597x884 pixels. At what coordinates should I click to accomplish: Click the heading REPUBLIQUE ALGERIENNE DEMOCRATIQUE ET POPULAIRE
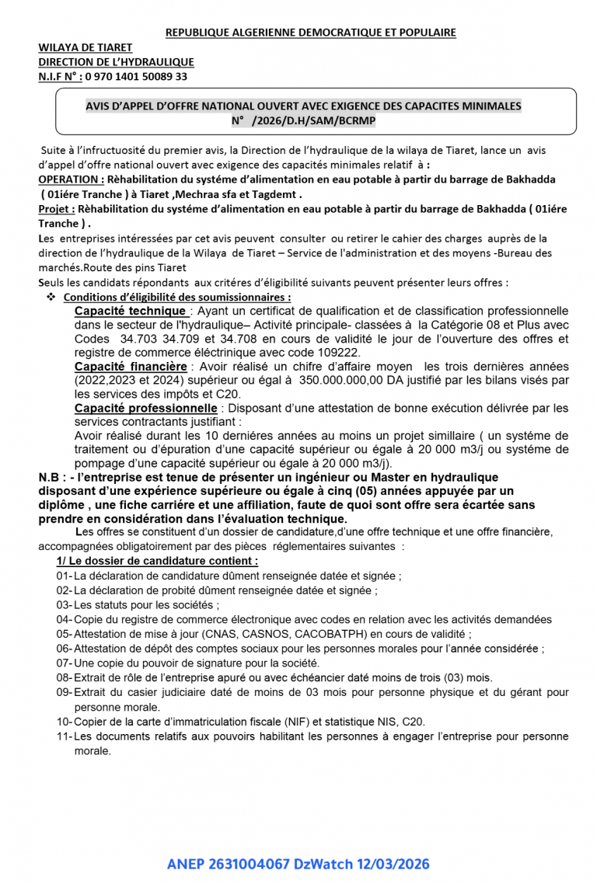point(310,33)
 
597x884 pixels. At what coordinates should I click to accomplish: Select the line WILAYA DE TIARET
point(86,47)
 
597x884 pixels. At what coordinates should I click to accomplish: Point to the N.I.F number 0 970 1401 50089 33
point(136,76)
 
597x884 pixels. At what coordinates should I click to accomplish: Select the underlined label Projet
point(56,209)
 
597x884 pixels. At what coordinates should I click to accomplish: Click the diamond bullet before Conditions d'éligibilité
point(51,298)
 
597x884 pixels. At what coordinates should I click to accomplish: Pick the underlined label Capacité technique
point(130,311)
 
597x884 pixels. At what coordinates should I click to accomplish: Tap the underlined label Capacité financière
point(131,366)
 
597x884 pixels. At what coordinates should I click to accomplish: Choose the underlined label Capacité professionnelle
point(145,408)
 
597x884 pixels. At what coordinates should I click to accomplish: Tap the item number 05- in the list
point(64,633)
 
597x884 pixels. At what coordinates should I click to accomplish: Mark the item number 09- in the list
point(64,692)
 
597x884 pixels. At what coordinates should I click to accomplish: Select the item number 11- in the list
point(64,736)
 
